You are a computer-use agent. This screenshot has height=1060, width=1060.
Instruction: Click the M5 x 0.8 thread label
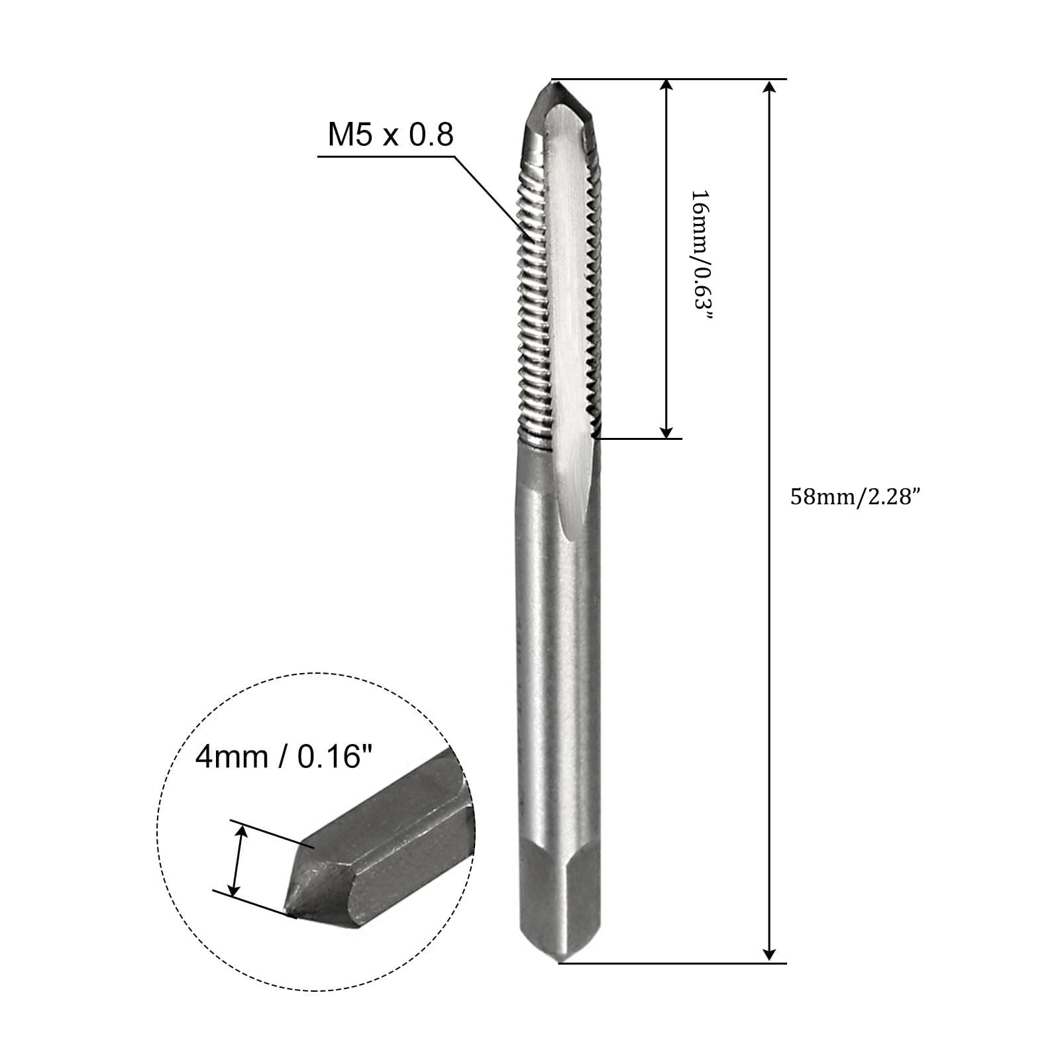(x=391, y=135)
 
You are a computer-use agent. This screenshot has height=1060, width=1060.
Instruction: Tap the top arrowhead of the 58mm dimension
(x=769, y=89)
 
